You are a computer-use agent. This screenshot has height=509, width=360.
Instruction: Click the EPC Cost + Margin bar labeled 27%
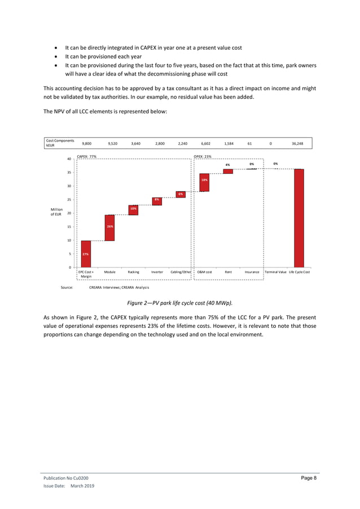coord(86,254)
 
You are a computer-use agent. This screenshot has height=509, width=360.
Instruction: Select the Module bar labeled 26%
coord(109,227)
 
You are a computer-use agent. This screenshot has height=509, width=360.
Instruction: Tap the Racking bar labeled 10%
coord(133,210)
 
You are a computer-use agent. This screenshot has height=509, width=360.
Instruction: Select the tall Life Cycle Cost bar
coord(298,218)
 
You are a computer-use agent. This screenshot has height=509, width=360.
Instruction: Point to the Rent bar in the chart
coord(228,171)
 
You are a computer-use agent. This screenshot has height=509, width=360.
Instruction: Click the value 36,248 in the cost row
coord(297,143)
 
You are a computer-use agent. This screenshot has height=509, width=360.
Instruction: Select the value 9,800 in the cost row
coord(86,143)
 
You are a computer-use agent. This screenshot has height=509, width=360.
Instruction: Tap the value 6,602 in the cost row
coord(205,143)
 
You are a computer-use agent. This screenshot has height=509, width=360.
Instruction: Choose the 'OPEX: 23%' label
coord(203,156)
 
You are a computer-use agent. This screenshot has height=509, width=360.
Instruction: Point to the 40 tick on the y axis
coord(69,159)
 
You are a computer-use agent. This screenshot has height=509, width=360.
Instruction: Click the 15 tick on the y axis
coord(69,227)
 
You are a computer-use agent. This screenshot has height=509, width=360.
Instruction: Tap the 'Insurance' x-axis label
coord(252,272)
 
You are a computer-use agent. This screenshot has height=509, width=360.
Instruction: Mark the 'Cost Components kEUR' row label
coord(60,143)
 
